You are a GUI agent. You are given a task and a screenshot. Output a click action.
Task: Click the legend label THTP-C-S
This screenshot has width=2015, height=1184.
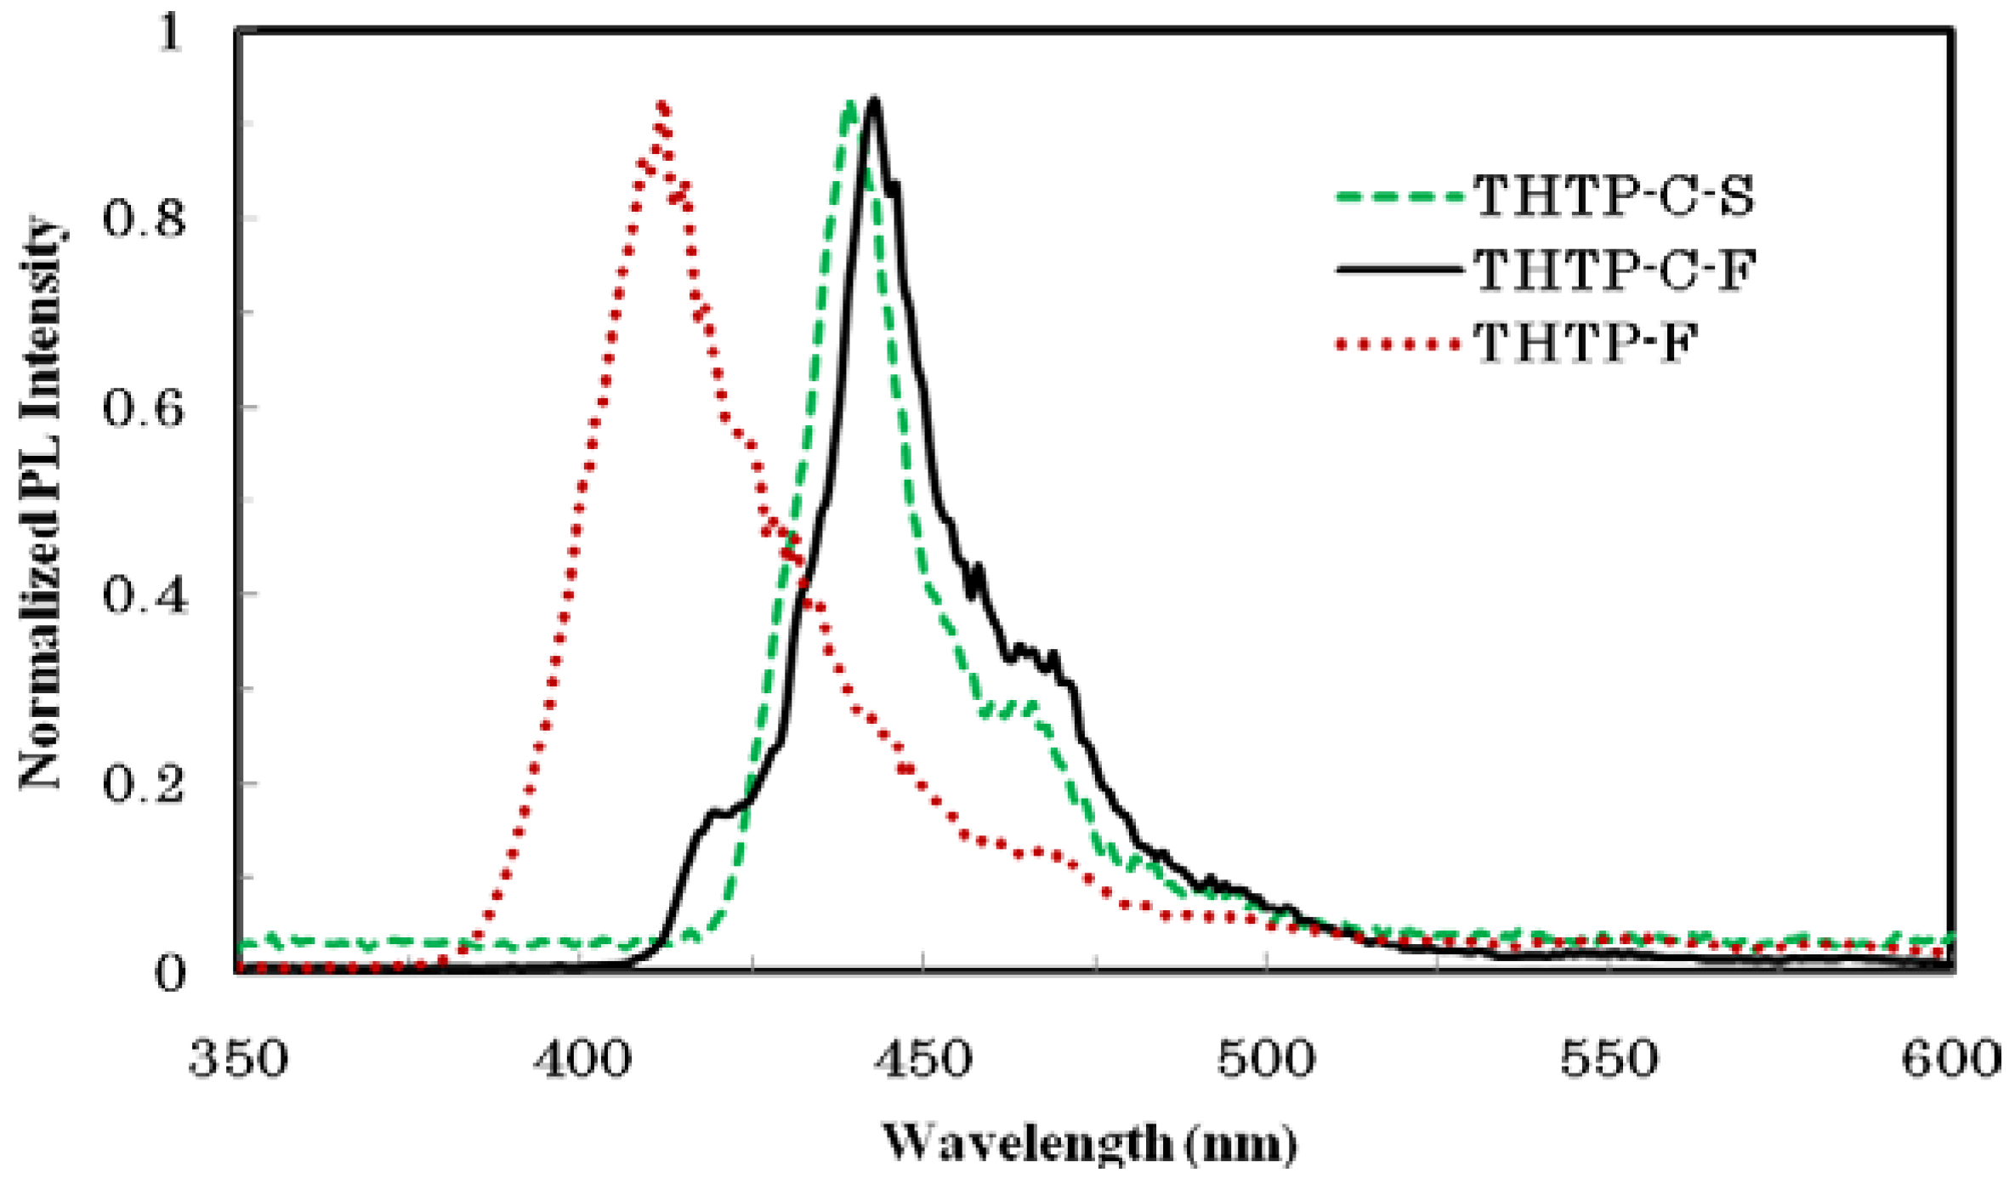pos(1613,196)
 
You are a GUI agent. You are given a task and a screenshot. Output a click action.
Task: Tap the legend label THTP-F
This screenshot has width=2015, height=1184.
pos(1585,344)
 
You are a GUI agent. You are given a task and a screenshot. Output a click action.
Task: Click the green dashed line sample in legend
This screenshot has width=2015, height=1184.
pos(1399,196)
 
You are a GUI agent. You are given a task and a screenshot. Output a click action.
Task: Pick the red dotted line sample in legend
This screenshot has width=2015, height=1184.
pos(1399,344)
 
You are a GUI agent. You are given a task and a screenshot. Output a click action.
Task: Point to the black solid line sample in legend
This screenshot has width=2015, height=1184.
pos(1399,270)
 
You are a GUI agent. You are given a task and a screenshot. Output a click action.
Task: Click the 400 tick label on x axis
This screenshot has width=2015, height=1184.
pos(582,1060)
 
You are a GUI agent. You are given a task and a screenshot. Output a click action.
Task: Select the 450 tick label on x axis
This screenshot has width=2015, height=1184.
pos(924,1060)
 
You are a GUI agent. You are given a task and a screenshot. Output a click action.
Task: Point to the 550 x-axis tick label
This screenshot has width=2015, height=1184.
pos(1609,1060)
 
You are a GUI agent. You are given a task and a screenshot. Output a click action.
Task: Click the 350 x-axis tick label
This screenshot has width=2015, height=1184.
pos(239,1060)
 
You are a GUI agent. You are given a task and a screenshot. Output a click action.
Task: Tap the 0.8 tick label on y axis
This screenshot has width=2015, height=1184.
pos(143,218)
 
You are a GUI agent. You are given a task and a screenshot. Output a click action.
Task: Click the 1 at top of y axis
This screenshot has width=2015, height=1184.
pos(170,34)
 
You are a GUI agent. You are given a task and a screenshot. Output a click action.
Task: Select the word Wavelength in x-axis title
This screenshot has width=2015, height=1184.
pos(1027,1144)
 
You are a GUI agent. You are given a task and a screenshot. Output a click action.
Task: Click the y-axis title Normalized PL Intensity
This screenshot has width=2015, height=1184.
pos(41,502)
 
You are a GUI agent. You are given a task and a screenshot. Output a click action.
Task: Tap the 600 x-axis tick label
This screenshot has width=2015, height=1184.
pos(1951,1060)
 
